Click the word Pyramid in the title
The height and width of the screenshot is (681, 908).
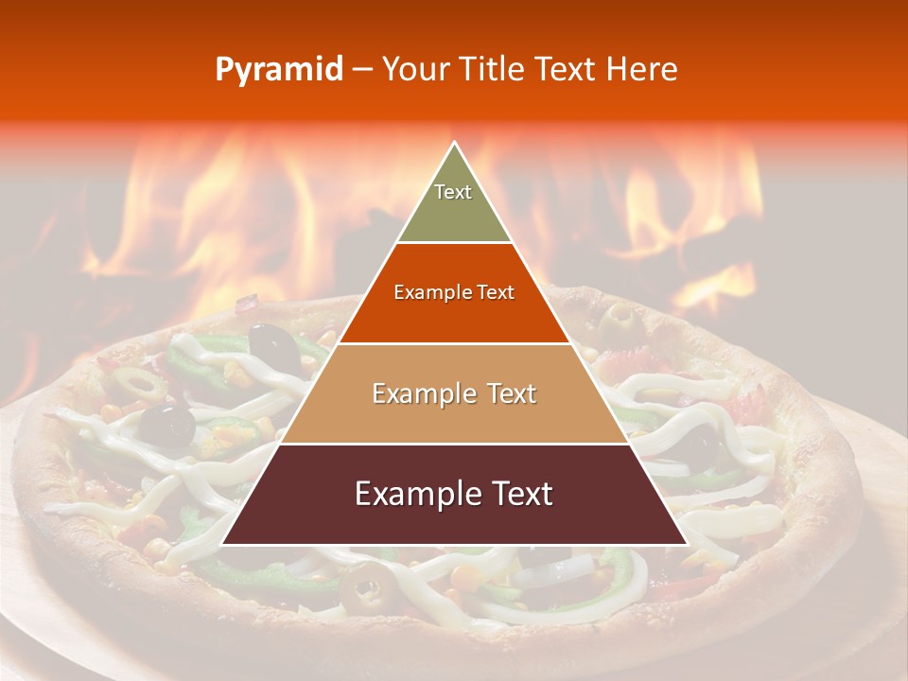279,70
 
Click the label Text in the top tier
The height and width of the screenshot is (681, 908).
453,192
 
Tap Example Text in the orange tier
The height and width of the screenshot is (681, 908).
454,293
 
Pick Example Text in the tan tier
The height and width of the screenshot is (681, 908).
454,393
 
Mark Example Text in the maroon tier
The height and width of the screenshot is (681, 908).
454,494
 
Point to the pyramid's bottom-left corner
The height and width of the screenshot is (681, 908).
222,544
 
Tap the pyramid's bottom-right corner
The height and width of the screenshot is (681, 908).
687,544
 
